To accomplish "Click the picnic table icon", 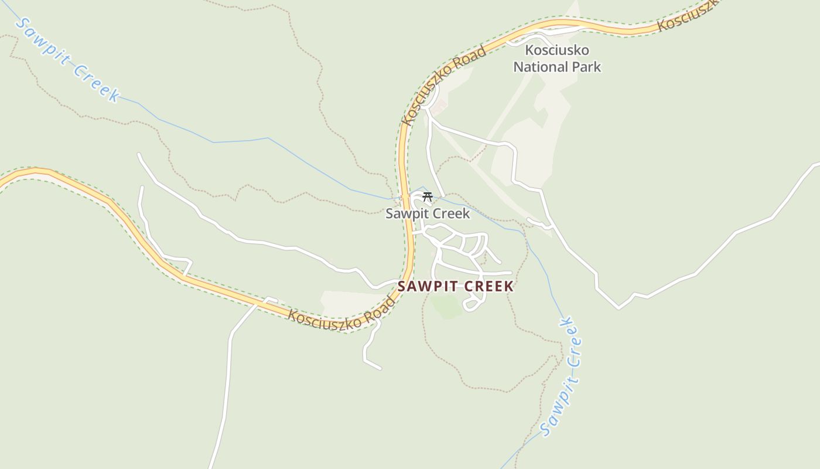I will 428,197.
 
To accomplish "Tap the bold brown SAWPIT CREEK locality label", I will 455,287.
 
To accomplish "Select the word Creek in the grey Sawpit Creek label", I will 450,214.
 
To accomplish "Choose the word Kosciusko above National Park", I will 557,50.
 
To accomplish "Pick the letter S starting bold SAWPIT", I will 402,287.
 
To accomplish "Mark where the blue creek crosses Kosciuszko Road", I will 404,198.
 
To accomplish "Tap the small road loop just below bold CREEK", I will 472,304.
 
